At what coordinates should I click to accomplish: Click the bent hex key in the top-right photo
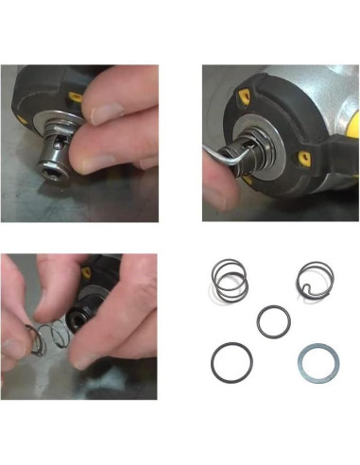coord(240,152)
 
